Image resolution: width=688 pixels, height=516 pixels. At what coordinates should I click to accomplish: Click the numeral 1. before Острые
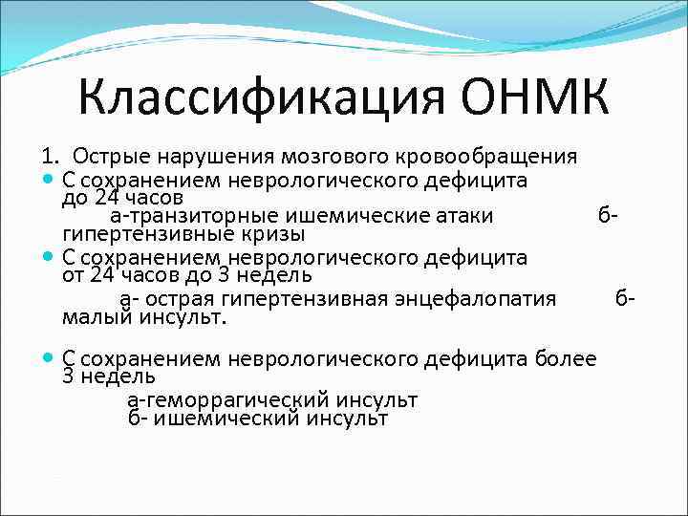[x=50, y=156]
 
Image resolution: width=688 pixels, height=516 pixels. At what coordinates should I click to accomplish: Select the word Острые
[x=109, y=156]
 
